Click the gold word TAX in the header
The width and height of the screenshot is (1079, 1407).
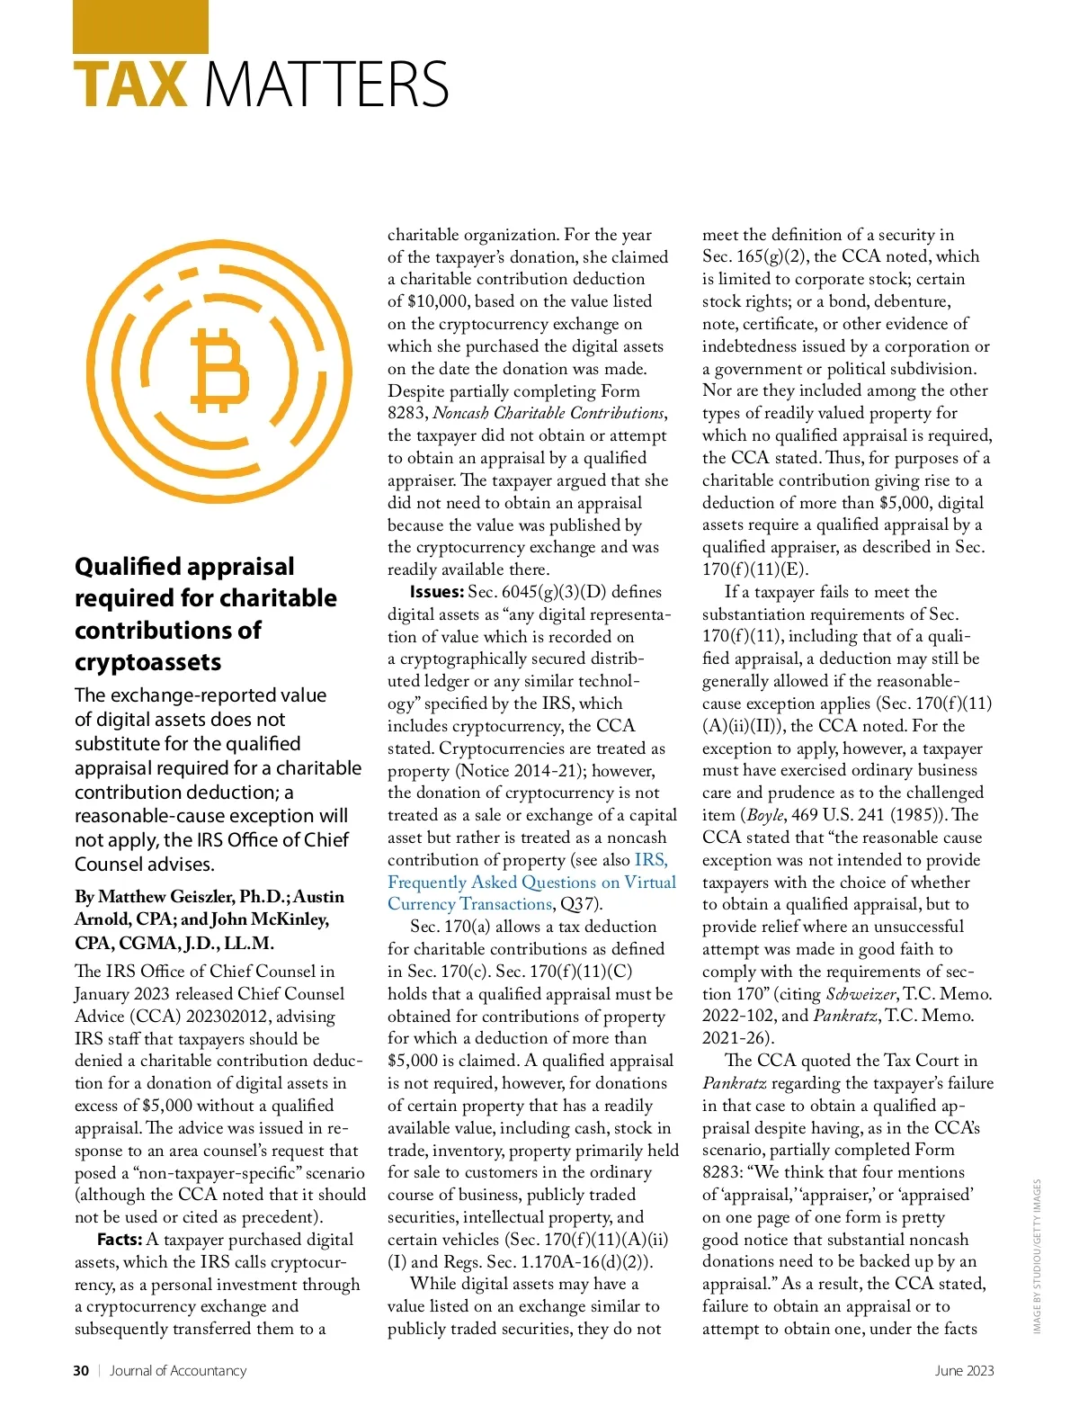[x=130, y=84]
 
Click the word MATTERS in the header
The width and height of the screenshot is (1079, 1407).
[x=327, y=84]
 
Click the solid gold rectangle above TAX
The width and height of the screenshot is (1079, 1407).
[x=140, y=26]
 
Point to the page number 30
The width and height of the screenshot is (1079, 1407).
[x=81, y=1370]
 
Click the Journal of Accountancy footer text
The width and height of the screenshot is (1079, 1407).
[x=178, y=1370]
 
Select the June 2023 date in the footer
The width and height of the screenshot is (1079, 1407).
[x=964, y=1370]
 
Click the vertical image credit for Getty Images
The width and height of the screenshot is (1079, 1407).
[x=1037, y=1256]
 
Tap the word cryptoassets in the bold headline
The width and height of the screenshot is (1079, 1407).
[x=147, y=662]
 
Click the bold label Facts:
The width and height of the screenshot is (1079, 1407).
[x=119, y=1240]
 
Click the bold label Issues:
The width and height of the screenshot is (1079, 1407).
[x=436, y=592]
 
